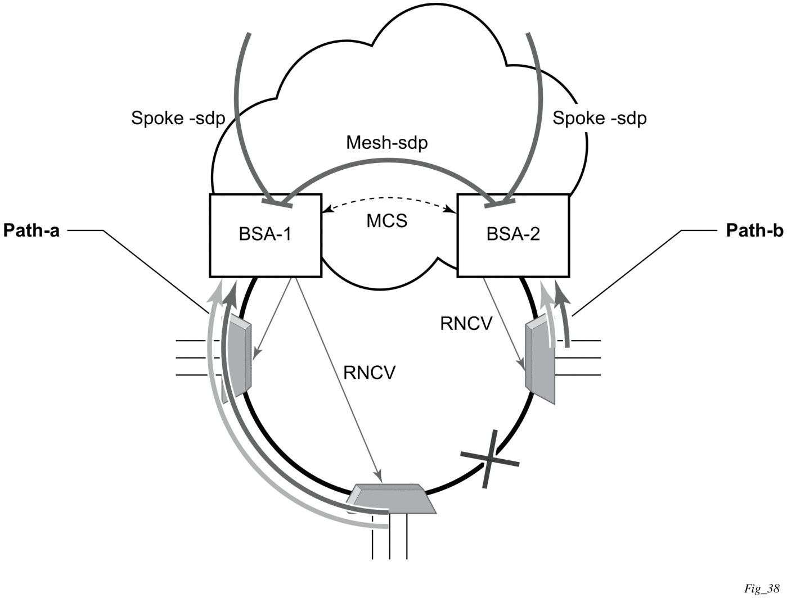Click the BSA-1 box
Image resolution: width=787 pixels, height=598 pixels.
pos(265,235)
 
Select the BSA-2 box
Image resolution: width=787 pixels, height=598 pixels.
pos(513,235)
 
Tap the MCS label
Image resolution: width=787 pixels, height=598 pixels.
pos(387,221)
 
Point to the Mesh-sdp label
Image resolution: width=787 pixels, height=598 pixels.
pos(387,143)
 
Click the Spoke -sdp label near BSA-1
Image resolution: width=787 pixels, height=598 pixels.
pos(178,119)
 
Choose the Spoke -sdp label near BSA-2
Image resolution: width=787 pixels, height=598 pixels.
pos(600,119)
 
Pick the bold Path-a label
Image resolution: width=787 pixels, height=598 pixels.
pos(32,230)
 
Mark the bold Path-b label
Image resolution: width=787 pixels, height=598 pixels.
pos(754,230)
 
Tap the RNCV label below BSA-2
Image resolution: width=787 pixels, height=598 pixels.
pos(467,324)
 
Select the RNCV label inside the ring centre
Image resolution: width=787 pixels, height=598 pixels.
pos(370,373)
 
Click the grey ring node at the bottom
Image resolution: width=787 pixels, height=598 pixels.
pos(393,498)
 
